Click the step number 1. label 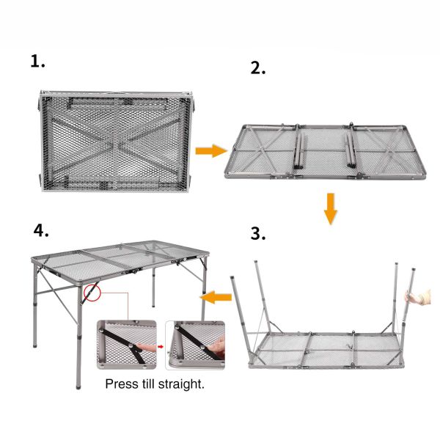coord(38,62)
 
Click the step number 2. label coord(258,68)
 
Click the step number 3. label coord(258,235)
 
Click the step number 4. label coord(42,231)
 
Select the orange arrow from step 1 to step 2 coord(210,151)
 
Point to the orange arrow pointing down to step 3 coord(331,208)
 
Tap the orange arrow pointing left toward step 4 coord(217,297)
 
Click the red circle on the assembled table coord(91,293)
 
